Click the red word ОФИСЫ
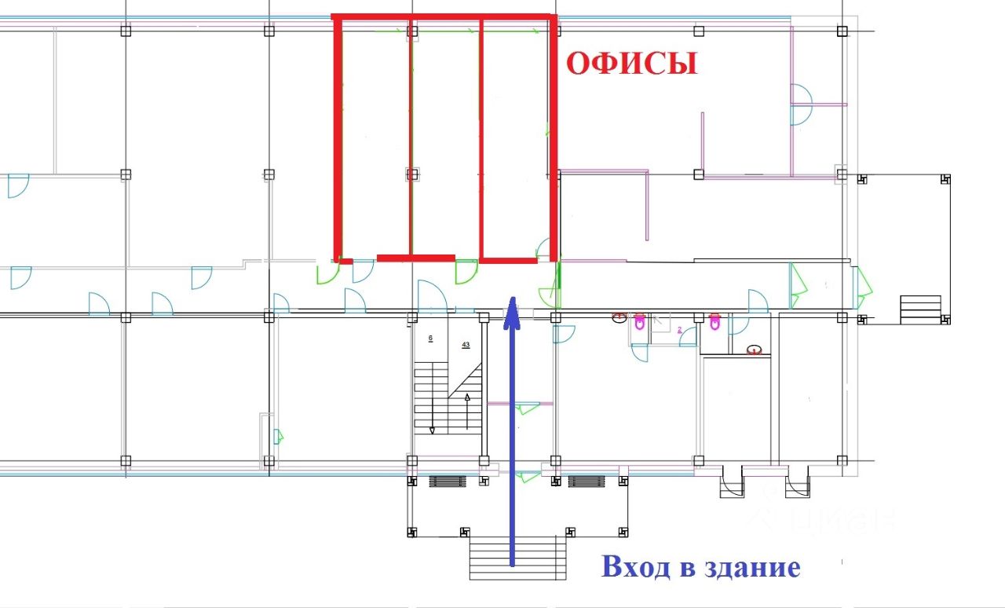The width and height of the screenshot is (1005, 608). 632,64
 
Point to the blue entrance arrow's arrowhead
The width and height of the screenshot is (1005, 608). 511,309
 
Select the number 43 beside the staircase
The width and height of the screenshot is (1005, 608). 466,345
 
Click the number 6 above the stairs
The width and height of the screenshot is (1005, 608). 430,339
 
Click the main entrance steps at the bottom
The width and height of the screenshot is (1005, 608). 517,559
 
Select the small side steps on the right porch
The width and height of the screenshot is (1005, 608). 920,309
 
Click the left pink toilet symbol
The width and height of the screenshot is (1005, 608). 639,320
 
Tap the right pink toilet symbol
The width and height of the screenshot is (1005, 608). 714,321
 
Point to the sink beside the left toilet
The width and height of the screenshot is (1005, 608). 619,317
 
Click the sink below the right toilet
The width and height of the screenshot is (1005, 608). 755,350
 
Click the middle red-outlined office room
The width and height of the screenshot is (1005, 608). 445,137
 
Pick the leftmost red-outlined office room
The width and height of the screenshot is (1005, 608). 374,137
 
